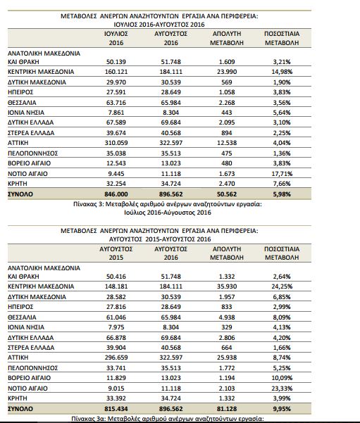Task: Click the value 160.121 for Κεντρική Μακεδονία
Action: coord(116,72)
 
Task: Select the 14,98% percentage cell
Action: coord(282,72)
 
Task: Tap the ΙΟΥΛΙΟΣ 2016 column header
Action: coord(116,38)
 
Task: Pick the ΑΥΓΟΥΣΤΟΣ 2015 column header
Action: coord(116,253)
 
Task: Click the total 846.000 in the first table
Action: coord(116,194)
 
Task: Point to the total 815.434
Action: coord(116,409)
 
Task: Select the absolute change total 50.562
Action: coord(227,194)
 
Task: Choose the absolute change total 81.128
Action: coord(227,409)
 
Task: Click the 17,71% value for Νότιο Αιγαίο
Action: coord(282,174)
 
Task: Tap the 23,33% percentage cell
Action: coord(282,389)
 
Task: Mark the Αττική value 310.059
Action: coord(116,143)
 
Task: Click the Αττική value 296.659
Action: coord(116,358)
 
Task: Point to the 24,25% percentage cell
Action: coord(282,286)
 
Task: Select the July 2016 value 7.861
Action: coord(116,113)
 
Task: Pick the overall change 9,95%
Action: coord(282,409)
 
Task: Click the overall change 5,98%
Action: coord(282,194)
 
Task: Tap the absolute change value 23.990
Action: coord(227,72)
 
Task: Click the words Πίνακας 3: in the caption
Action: coord(89,204)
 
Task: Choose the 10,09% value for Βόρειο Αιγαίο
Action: coord(282,378)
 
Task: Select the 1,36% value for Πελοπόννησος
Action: coord(282,153)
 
